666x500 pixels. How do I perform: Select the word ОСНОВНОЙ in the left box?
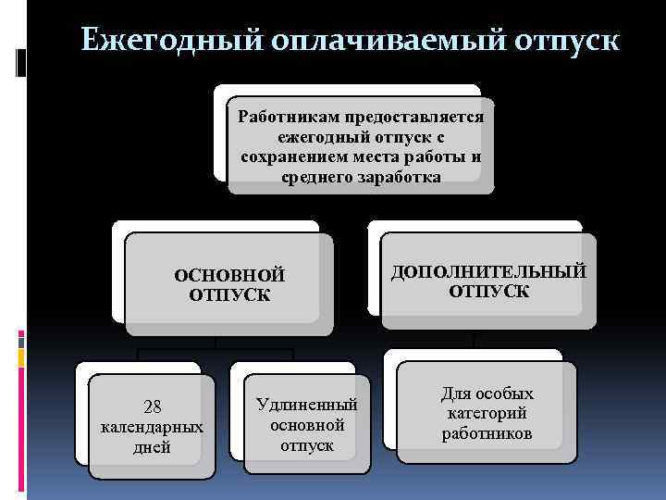pos(229,275)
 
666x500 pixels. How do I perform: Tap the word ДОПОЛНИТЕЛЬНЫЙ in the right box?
pos(488,271)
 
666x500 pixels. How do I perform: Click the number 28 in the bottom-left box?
pos(153,407)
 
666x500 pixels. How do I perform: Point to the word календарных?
pos(152,428)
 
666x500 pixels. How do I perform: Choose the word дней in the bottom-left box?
pos(152,448)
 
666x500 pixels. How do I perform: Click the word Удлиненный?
pos(307,406)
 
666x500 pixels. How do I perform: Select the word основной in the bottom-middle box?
pos(307,425)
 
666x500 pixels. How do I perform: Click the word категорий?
pos(487,413)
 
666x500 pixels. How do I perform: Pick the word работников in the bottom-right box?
pos(487,433)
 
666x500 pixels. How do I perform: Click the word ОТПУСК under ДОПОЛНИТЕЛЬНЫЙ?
pos(488,292)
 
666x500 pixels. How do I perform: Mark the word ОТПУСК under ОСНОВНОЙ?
pos(229,295)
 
